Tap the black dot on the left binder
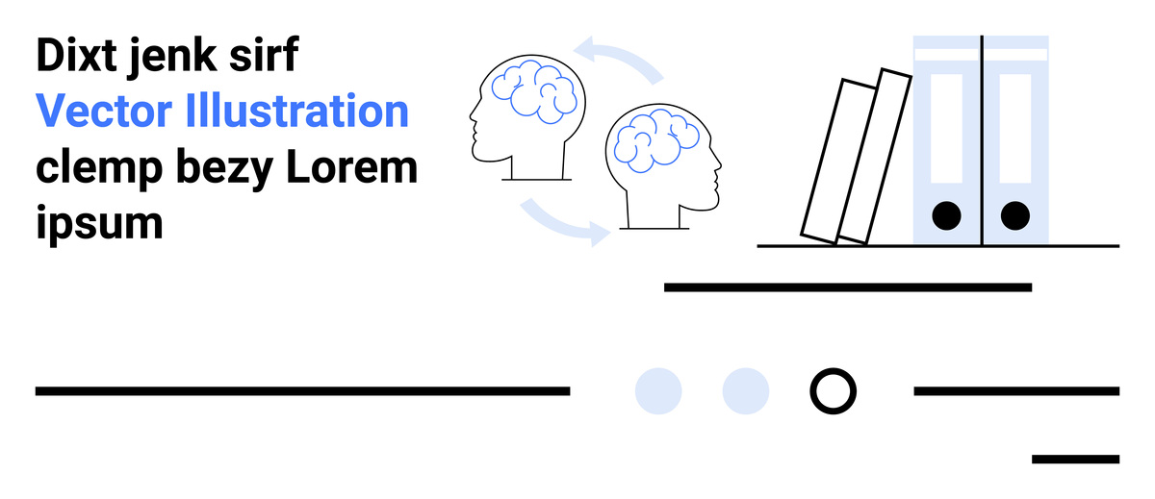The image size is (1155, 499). (x=947, y=215)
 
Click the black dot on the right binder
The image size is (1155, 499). (x=1014, y=215)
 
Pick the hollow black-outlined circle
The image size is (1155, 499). (x=833, y=391)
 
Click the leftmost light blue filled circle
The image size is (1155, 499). (x=658, y=391)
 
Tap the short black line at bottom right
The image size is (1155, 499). (x=1075, y=460)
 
